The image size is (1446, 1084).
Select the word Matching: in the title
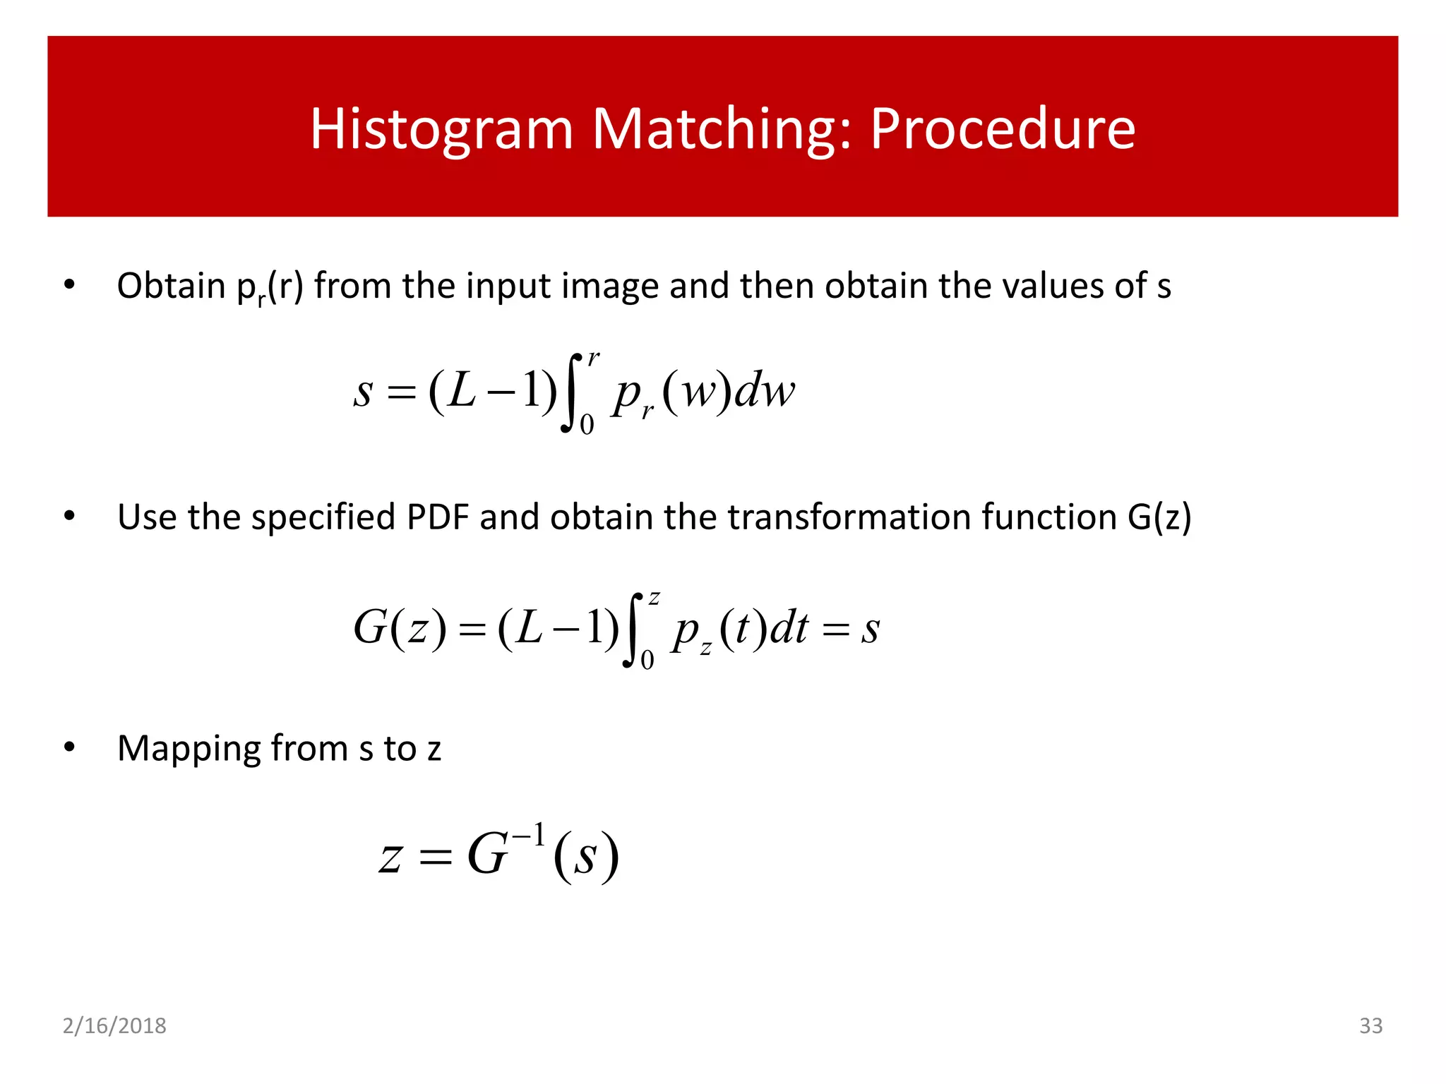tap(722, 129)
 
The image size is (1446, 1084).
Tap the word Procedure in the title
tap(1002, 129)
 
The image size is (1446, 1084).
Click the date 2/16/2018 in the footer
tap(114, 1025)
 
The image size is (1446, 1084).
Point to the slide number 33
tap(1370, 1025)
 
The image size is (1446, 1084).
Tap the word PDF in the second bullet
tap(438, 517)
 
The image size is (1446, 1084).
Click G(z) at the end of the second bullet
tap(1159, 517)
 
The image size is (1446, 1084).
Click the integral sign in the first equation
tap(571, 392)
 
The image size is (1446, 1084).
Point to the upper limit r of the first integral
tap(593, 359)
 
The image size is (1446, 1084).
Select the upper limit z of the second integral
tap(655, 598)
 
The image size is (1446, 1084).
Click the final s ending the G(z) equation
tap(871, 628)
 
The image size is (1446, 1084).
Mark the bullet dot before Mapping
tap(68, 747)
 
